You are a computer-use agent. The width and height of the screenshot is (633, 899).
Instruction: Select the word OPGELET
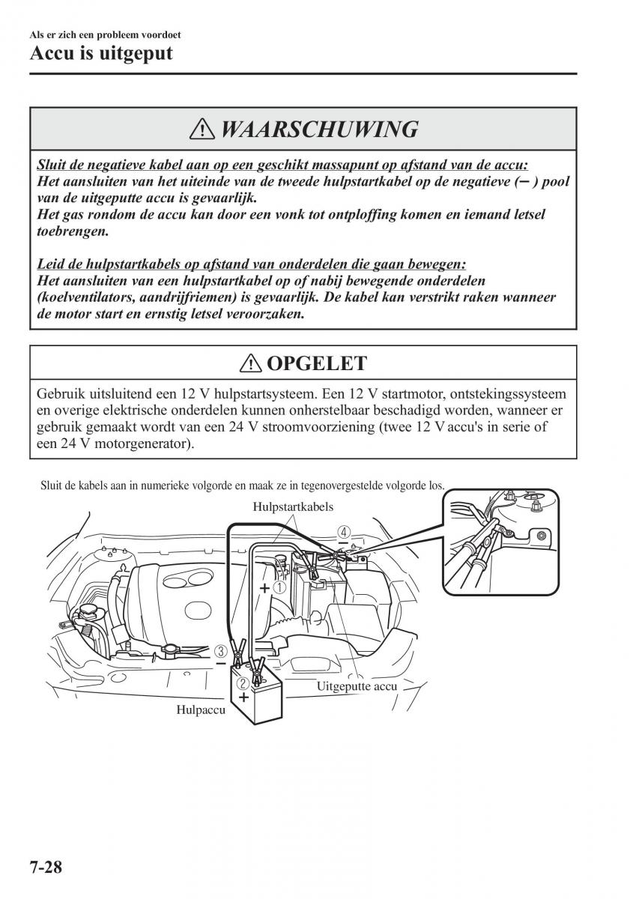point(316,364)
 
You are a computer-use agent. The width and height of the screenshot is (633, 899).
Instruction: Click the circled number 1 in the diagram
point(279,588)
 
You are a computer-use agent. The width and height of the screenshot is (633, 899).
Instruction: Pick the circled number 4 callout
point(343,531)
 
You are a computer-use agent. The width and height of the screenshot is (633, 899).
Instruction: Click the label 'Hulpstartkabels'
point(293,507)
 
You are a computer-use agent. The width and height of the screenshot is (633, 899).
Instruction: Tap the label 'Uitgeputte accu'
point(357,685)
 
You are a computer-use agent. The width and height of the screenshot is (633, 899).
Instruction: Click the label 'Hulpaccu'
point(201,709)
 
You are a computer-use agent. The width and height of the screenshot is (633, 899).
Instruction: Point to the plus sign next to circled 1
point(264,589)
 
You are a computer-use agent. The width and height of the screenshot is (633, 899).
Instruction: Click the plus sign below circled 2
point(243,697)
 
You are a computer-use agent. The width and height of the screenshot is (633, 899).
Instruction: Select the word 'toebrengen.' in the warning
point(73,231)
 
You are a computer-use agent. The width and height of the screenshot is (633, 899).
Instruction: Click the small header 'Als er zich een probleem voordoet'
point(105,34)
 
